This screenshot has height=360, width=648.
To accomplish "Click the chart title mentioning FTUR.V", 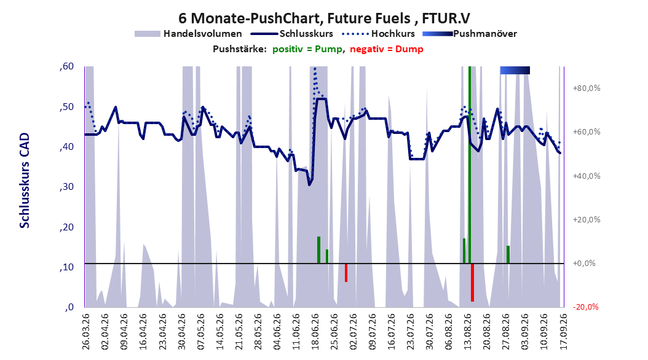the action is click(324, 18).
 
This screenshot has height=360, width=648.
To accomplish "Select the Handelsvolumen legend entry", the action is click(188, 34).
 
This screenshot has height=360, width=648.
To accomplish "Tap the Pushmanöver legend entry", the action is click(470, 34).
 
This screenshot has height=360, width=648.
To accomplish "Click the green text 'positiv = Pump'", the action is click(307, 49).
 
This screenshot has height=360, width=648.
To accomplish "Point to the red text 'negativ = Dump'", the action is click(387, 49).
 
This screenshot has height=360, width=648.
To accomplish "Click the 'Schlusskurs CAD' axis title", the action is click(25, 181).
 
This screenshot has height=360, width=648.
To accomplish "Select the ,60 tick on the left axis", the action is click(66, 66).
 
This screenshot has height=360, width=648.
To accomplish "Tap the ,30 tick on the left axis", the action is click(66, 187).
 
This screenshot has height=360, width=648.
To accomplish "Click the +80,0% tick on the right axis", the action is click(586, 88).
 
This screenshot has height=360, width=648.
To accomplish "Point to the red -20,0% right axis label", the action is click(585, 307).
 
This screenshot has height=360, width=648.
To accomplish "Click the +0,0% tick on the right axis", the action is click(583, 264).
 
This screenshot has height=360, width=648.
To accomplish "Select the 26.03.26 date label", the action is click(85, 331).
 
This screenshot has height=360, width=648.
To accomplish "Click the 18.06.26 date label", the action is click(315, 331).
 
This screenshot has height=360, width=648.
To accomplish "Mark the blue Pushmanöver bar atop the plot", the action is click(515, 70).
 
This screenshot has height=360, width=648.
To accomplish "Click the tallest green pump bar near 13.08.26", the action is click(470, 165).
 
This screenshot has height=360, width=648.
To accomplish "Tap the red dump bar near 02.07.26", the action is click(346, 273).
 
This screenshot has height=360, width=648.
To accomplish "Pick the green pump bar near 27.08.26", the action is click(508, 254).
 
